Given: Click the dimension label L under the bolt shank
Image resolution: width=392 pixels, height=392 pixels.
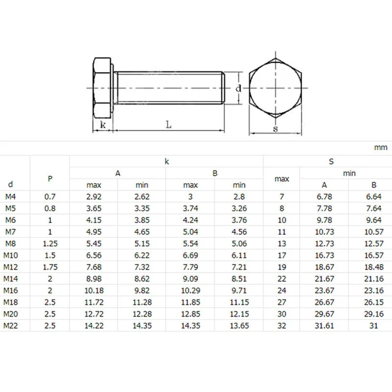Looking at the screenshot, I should (x=168, y=124).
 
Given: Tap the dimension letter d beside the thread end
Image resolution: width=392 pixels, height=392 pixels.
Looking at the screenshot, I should (x=238, y=89).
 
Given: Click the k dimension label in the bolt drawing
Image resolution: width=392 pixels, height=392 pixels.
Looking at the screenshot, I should (x=103, y=125).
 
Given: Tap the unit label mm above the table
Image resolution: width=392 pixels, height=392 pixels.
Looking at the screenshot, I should (x=380, y=148).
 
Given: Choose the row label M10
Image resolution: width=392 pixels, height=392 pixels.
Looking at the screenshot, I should (x=13, y=254).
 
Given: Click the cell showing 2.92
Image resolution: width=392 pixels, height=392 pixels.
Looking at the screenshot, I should (x=94, y=196).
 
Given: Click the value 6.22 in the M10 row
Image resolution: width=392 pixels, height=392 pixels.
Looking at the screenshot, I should (x=142, y=254).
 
